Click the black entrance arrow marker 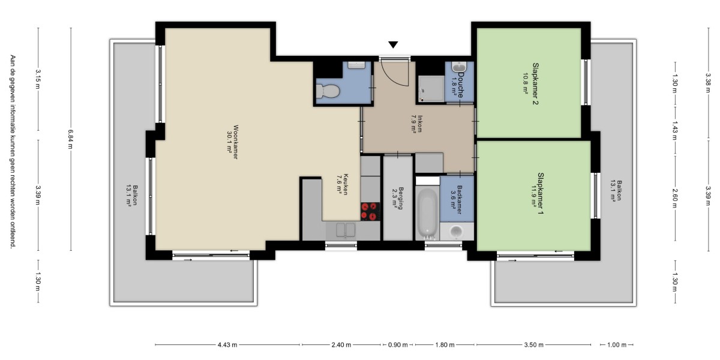pyautogui.click(x=393, y=44)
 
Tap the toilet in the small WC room pyautogui.click(x=328, y=91)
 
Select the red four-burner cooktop pyautogui.click(x=370, y=211)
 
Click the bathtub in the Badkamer pyautogui.click(x=427, y=213)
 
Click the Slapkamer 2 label pyautogui.click(x=535, y=83)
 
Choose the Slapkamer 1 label pyautogui.click(x=541, y=193)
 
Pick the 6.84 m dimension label pyautogui.click(x=70, y=139)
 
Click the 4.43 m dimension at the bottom pyautogui.click(x=227, y=345)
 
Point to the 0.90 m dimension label pyautogui.click(x=398, y=345)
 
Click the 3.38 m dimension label pyautogui.click(x=708, y=83)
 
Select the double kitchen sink pyautogui.click(x=346, y=230)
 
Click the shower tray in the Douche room pyautogui.click(x=431, y=89)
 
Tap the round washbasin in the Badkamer pyautogui.click(x=456, y=231)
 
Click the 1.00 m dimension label pyautogui.click(x=617, y=345)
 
